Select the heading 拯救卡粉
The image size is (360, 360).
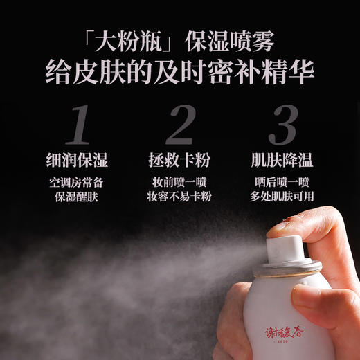(181, 161)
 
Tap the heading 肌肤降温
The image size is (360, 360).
(282, 161)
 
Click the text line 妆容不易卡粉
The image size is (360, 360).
(181, 197)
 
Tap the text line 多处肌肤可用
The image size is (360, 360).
(282, 197)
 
